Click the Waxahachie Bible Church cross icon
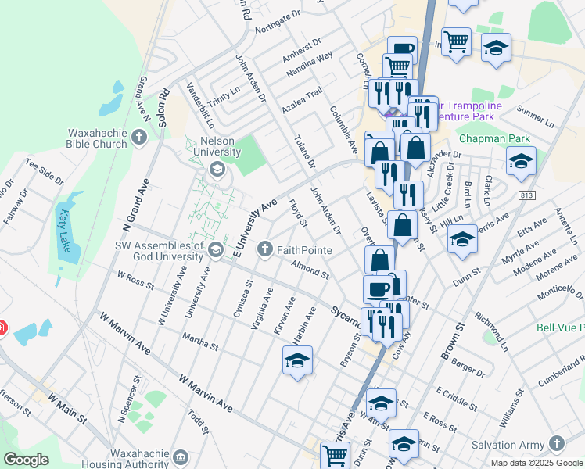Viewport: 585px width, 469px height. [x=140, y=138]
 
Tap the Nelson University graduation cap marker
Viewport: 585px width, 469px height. [x=216, y=168]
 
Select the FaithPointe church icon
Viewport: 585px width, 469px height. [x=266, y=250]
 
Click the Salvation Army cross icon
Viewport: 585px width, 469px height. [x=556, y=443]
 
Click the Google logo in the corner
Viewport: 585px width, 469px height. [x=27, y=460]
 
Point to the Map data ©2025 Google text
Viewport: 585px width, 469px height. [x=536, y=463]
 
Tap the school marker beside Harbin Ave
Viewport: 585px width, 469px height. [x=297, y=360]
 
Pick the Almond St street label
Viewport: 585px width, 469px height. [x=310, y=270]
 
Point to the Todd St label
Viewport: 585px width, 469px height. [x=198, y=421]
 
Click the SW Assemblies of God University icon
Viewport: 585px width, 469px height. [x=216, y=249]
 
